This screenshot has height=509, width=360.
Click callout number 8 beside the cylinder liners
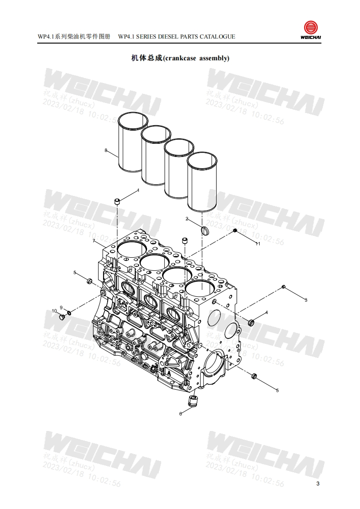pyautogui.click(x=106, y=150)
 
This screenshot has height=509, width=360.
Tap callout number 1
pyautogui.click(x=138, y=191)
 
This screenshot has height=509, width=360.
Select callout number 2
pyautogui.click(x=187, y=219)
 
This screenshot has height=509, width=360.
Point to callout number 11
pyautogui.click(x=258, y=244)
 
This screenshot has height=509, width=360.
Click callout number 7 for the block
pyautogui.click(x=94, y=240)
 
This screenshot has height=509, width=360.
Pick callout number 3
pyautogui.click(x=306, y=300)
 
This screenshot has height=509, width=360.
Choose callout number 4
pyautogui.click(x=266, y=312)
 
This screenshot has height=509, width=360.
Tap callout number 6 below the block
pyautogui.click(x=180, y=413)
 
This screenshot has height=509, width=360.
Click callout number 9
pyautogui.click(x=61, y=308)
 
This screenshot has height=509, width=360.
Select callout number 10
pyautogui.click(x=54, y=311)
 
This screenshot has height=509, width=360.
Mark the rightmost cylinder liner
pyautogui.click(x=202, y=181)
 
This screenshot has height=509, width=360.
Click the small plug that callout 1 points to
pyautogui.click(x=117, y=201)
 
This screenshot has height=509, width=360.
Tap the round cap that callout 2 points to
pyautogui.click(x=204, y=230)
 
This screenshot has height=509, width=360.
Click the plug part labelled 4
pyautogui.click(x=251, y=323)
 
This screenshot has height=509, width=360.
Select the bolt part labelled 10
pyautogui.click(x=61, y=317)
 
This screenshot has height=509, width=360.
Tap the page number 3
pyautogui.click(x=318, y=484)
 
